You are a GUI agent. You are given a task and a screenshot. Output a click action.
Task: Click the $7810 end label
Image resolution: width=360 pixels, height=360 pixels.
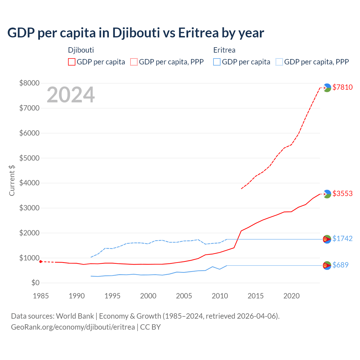pyautogui.click(x=342, y=87)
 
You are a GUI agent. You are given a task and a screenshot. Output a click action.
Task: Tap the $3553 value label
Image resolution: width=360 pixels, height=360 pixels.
pyautogui.click(x=342, y=193)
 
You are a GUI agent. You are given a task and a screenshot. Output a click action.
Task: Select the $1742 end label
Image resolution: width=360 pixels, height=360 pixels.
pyautogui.click(x=342, y=238)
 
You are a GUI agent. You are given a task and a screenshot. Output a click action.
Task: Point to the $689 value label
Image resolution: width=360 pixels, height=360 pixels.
pyautogui.click(x=340, y=265)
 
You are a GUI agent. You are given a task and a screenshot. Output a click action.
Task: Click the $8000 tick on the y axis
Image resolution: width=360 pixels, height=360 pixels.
pyautogui.click(x=29, y=83)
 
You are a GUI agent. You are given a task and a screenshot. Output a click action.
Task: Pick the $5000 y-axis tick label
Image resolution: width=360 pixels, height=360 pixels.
pyautogui.click(x=29, y=158)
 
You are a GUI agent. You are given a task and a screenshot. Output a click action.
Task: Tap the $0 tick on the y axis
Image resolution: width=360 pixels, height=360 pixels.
pyautogui.click(x=35, y=283)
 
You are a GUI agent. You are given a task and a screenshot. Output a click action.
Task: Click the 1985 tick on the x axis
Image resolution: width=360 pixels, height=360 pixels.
pyautogui.click(x=41, y=296)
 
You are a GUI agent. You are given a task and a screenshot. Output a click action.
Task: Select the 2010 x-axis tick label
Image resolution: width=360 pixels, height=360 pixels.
pyautogui.click(x=220, y=296)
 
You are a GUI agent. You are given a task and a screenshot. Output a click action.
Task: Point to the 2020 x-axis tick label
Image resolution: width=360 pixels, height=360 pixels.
pyautogui.click(x=291, y=296)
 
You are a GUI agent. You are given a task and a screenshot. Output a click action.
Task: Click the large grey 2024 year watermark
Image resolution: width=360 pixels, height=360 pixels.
pyautogui.click(x=71, y=95)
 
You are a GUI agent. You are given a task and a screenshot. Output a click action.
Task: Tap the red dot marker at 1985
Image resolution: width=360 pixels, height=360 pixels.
pyautogui.click(x=41, y=262)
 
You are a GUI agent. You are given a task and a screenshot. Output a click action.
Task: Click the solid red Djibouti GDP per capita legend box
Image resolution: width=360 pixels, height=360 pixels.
pyautogui.click(x=72, y=62)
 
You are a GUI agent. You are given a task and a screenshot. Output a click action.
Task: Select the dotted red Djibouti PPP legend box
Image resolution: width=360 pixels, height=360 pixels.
pyautogui.click(x=134, y=62)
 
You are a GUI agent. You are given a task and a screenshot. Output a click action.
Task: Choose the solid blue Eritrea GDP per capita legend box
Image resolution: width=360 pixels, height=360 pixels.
pyautogui.click(x=217, y=62)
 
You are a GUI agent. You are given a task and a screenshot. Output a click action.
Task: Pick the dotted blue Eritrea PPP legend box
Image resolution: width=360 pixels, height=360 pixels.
pyautogui.click(x=279, y=62)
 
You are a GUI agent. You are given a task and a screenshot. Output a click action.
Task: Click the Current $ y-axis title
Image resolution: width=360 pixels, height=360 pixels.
pyautogui.click(x=12, y=181)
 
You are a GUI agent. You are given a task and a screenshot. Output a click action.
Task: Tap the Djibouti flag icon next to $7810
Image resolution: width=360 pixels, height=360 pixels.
pyautogui.click(x=327, y=88)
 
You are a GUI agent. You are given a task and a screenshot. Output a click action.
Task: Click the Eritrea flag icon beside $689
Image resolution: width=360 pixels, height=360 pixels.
pyautogui.click(x=327, y=265)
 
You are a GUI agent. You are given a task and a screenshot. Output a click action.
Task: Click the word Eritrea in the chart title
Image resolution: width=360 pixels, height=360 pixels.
pyautogui.click(x=198, y=33)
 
